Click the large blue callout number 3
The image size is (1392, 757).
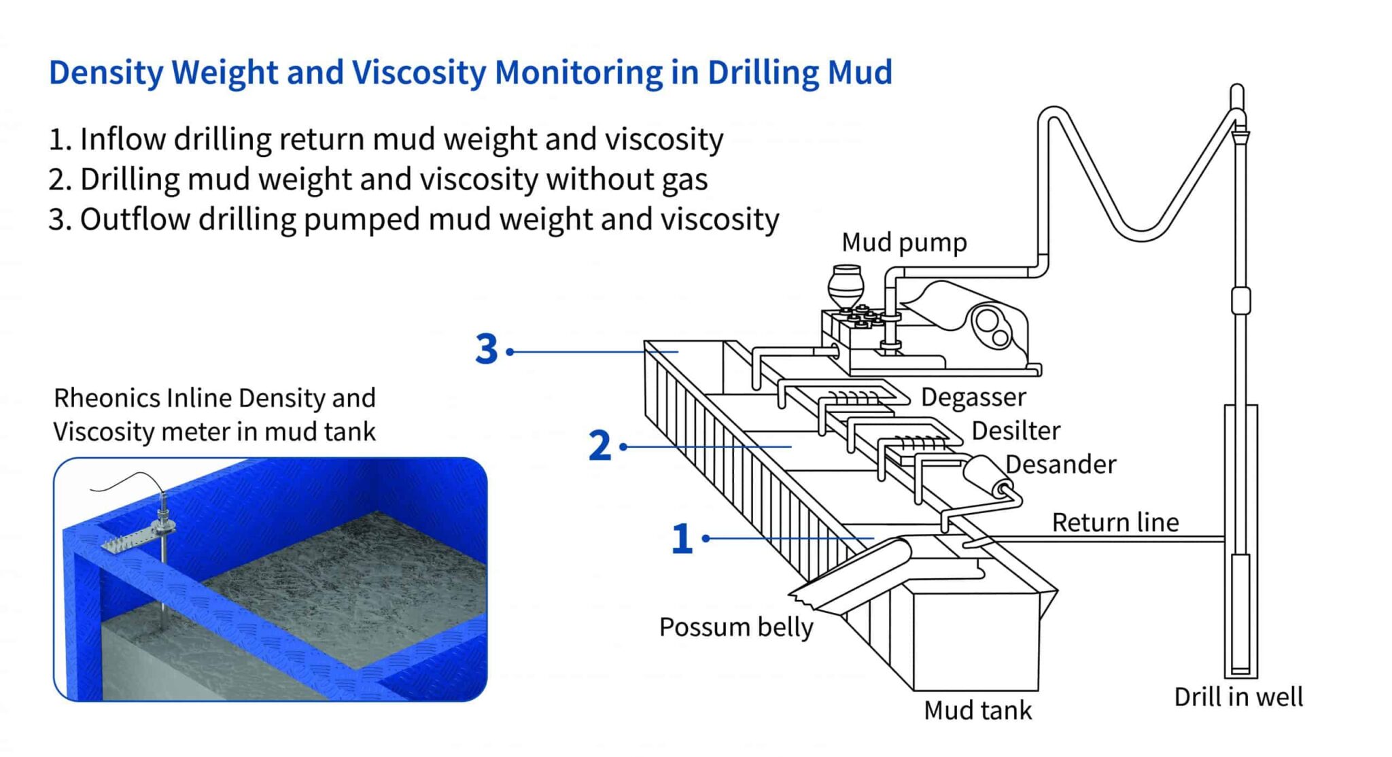coord(487,350)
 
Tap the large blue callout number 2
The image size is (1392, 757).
coord(599,446)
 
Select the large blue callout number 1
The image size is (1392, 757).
coord(682,539)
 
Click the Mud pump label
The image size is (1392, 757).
coord(903,242)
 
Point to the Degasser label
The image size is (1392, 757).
coord(973,397)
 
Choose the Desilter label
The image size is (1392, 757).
coord(1015,431)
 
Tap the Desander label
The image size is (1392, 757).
coord(1060,464)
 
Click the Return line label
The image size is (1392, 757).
coord(1115,522)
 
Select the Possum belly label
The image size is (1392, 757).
coord(735,627)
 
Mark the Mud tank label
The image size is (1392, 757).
coord(977,710)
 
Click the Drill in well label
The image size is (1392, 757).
coord(1238,697)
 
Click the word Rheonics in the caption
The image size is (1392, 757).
coord(106,398)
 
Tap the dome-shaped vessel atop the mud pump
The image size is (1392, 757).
coord(846,285)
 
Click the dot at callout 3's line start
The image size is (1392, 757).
coord(510,351)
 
